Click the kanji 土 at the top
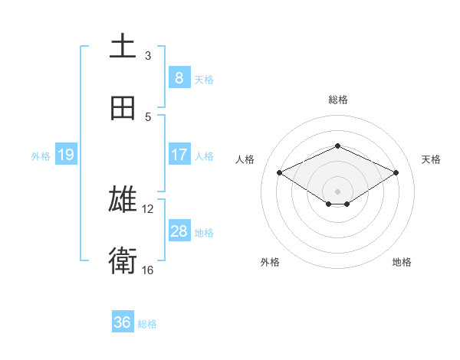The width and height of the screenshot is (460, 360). point(123,47)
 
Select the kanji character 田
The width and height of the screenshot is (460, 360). point(123,109)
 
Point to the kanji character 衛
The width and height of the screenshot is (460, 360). point(123,261)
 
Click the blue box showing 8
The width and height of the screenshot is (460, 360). point(179,78)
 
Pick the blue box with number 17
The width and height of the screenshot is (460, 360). point(179,155)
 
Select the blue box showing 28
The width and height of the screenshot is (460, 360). point(179,231)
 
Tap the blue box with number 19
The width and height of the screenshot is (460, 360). point(65,155)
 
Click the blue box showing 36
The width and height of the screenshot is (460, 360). point(123,322)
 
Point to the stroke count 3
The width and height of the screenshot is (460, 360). point(148,55)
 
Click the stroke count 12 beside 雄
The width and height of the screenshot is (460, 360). point(148,208)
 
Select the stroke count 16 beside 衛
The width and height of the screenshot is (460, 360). point(148,270)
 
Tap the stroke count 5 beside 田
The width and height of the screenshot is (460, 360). point(148,116)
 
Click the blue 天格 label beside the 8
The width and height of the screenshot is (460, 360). point(204,79)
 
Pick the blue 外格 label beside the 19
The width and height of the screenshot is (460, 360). point(41,155)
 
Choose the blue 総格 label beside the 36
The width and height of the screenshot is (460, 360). point(147,323)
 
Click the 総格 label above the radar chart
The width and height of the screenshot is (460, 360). point(337,100)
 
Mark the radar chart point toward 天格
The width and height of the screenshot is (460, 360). point(396,173)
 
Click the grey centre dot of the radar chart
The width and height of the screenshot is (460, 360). point(337,191)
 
